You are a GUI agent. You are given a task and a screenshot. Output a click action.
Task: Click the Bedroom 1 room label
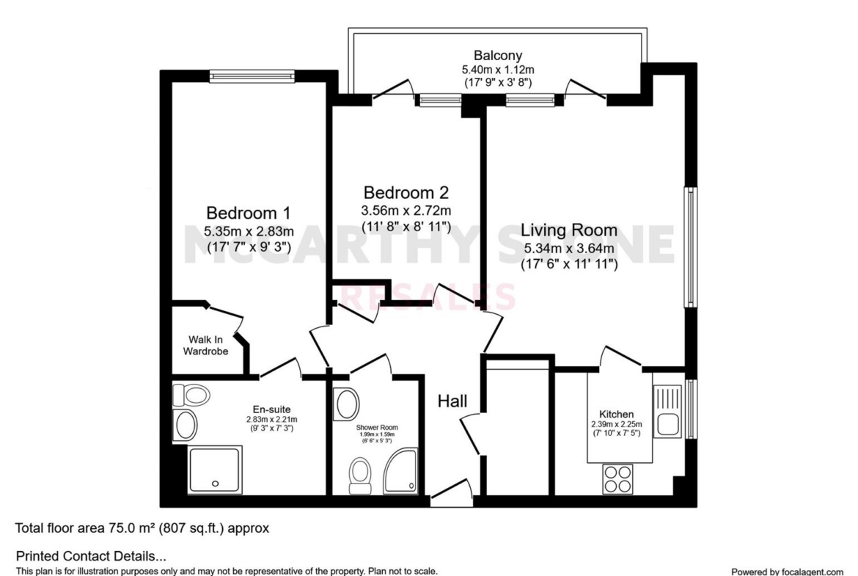tap(249, 213)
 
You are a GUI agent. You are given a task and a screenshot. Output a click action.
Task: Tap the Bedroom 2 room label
tap(406, 193)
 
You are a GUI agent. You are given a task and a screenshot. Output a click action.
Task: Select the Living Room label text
tap(569, 230)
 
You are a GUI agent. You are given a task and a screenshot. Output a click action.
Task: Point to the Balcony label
tap(498, 55)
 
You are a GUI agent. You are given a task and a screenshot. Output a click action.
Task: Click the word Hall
tap(452, 401)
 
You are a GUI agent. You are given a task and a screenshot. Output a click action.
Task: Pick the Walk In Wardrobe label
tap(206, 346)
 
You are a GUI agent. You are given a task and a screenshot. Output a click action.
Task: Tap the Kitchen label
tap(617, 415)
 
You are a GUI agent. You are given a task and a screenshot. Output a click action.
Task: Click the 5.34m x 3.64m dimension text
tap(569, 249)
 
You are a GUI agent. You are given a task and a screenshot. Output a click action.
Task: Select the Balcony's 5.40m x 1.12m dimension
tap(498, 70)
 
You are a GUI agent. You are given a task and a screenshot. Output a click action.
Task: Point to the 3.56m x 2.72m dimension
tap(406, 211)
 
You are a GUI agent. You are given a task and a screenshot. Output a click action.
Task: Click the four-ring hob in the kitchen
tap(617, 479)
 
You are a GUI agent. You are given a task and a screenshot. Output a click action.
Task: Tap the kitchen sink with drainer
tap(667, 411)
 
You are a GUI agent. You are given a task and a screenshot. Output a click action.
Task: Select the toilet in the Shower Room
tap(359, 476)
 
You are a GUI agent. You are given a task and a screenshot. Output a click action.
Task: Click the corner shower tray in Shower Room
tap(400, 471)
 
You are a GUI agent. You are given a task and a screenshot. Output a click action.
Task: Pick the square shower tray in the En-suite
tap(215, 470)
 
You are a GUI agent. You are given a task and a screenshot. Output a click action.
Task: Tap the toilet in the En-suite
tap(191, 395)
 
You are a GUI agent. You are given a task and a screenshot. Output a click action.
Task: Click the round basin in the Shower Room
tap(347, 404)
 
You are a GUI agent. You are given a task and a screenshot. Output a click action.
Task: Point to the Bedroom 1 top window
tap(252, 76)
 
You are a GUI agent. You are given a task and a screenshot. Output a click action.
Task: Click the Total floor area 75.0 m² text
tap(142, 528)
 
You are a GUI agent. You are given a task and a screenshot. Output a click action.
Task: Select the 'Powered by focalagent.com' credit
tap(788, 572)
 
